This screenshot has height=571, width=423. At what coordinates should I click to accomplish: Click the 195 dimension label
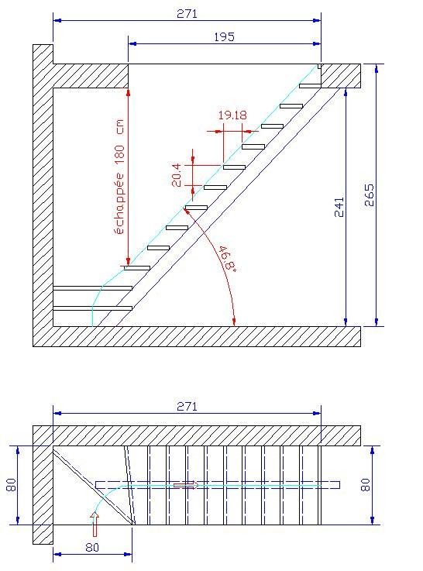coord(224,37)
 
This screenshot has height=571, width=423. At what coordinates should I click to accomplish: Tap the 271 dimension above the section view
coord(187,14)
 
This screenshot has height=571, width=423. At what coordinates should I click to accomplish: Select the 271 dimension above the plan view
coord(187,407)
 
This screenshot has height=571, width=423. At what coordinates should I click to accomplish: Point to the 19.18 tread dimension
coord(232,115)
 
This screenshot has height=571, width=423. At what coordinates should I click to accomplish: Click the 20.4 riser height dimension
coord(177,175)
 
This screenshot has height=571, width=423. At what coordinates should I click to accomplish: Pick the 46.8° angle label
coord(227,258)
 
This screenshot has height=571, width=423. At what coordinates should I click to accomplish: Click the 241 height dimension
coord(339,207)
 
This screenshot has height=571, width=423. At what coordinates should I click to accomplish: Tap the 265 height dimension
coord(369,195)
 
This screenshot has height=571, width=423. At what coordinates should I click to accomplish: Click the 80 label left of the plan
coord(12,485)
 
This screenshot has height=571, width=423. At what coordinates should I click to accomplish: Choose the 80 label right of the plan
coord(365,485)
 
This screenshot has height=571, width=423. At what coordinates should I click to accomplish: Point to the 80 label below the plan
coord(92,547)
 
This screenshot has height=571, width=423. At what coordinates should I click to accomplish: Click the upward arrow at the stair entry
coord(95,524)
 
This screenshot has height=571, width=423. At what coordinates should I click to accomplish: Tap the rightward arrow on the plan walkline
coord(186,485)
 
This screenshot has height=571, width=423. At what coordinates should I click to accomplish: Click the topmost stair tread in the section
coord(310,86)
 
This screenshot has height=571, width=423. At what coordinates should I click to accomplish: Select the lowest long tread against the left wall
coord(92,308)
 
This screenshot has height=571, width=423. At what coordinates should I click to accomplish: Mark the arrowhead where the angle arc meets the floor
coord(234,322)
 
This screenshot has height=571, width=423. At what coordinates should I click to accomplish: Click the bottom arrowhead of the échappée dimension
coord(128,261)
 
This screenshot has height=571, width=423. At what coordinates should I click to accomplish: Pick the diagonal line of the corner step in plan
coord(95,486)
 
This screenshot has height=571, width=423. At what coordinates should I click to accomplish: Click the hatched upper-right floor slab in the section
coord(341,76)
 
